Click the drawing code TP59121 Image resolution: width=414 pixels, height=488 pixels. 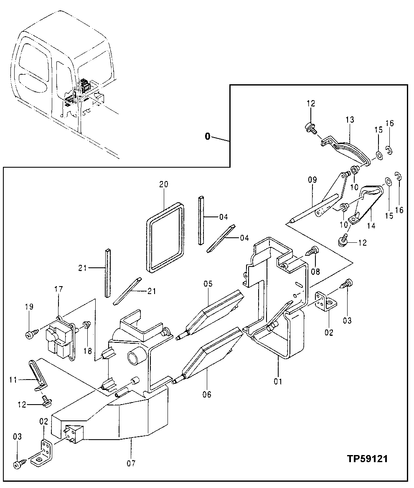click(x=367, y=459)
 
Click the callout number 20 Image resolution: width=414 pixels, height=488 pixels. click(x=163, y=184)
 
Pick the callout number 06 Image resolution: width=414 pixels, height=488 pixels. click(x=208, y=394)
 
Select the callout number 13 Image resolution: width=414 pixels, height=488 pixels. click(x=350, y=120)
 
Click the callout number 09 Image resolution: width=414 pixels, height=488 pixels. click(x=312, y=181)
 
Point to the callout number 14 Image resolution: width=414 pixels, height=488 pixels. click(x=371, y=226)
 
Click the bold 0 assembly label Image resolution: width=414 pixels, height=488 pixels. click(x=208, y=136)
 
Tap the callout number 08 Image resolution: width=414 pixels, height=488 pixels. click(x=315, y=272)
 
